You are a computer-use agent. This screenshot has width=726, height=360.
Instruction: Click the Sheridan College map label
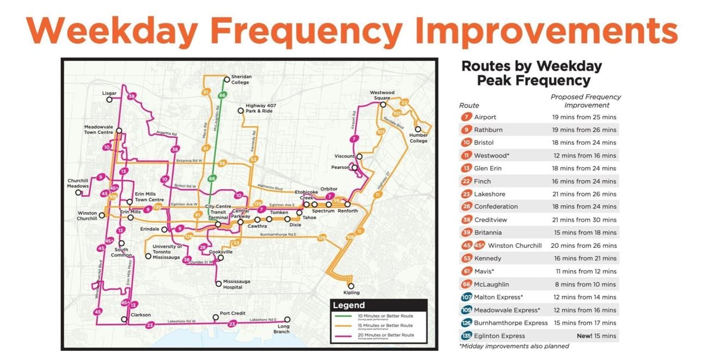(x=240, y=80)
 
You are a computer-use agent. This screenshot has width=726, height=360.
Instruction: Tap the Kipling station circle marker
(x=351, y=286)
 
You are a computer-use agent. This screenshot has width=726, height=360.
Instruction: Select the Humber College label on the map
(x=418, y=138)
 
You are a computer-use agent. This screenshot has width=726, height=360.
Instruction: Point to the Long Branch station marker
(x=288, y=320)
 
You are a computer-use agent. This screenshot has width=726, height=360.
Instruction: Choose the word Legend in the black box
(x=349, y=306)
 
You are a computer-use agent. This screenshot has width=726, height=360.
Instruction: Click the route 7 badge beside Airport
(x=466, y=117)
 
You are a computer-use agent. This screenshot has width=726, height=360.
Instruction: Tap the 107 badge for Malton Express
(x=466, y=297)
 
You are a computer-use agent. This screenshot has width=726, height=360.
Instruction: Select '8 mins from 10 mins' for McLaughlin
(x=584, y=284)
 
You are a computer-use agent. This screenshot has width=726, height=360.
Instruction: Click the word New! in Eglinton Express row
(x=584, y=336)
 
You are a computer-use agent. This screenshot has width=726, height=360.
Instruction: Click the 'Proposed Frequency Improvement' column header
(x=586, y=101)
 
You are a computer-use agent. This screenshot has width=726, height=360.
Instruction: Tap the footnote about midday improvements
(x=514, y=346)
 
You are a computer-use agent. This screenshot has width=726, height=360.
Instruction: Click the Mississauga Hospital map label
(x=236, y=284)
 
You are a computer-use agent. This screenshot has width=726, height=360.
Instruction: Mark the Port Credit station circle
(x=216, y=317)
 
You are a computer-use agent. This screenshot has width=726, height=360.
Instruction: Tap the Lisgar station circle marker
(x=109, y=100)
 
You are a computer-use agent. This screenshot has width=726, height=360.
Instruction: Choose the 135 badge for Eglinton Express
(x=466, y=336)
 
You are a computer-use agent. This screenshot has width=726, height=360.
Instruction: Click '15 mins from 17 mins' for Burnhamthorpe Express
(x=584, y=323)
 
